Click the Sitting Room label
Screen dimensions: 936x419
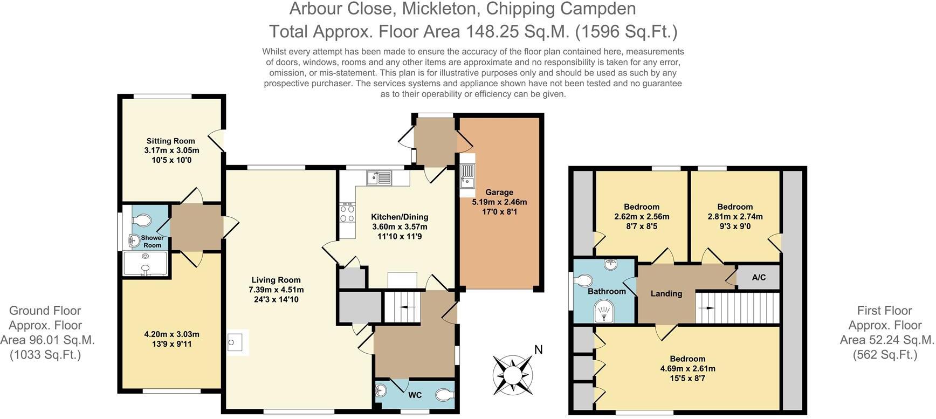[171, 141]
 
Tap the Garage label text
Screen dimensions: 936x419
[499, 193]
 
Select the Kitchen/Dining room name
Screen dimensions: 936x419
[400, 217]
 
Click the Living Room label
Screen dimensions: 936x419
[276, 280]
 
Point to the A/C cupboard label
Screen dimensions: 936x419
[759, 278]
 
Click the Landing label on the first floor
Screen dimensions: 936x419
[666, 294]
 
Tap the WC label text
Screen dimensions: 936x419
[415, 395]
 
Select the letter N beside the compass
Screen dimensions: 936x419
[538, 350]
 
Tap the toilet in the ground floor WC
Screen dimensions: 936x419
[444, 395]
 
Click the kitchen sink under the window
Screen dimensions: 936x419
[380, 177]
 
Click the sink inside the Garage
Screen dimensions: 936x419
[467, 177]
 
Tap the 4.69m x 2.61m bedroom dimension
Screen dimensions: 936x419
[687, 369]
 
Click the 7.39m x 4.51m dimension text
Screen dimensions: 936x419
[276, 290]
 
